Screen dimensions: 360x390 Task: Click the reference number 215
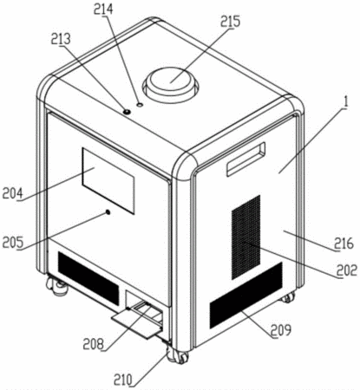pyautogui.click(x=231, y=22)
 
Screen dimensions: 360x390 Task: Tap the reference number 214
pyautogui.click(x=103, y=10)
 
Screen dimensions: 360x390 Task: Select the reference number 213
pyautogui.click(x=61, y=39)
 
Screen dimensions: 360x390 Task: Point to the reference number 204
pyautogui.click(x=12, y=192)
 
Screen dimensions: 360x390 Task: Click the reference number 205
pyautogui.click(x=13, y=242)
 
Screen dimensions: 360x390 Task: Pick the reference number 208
pyautogui.click(x=93, y=344)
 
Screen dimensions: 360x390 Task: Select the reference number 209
pyautogui.click(x=281, y=330)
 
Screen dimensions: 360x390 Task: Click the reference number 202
pyautogui.click(x=347, y=270)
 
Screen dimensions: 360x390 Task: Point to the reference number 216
pyautogui.click(x=344, y=244)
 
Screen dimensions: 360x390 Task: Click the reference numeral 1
pyautogui.click(x=346, y=102)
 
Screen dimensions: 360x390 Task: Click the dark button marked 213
pyautogui.click(x=127, y=111)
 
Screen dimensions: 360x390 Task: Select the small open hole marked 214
pyautogui.click(x=140, y=105)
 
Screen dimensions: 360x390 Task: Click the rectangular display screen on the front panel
pyautogui.click(x=108, y=181)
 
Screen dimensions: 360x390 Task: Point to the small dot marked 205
pyautogui.click(x=108, y=212)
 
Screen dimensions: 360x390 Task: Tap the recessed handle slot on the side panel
pyautogui.click(x=246, y=159)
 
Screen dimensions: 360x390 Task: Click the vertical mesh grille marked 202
pyautogui.click(x=246, y=237)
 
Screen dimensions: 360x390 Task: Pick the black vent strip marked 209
pyautogui.click(x=246, y=296)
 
